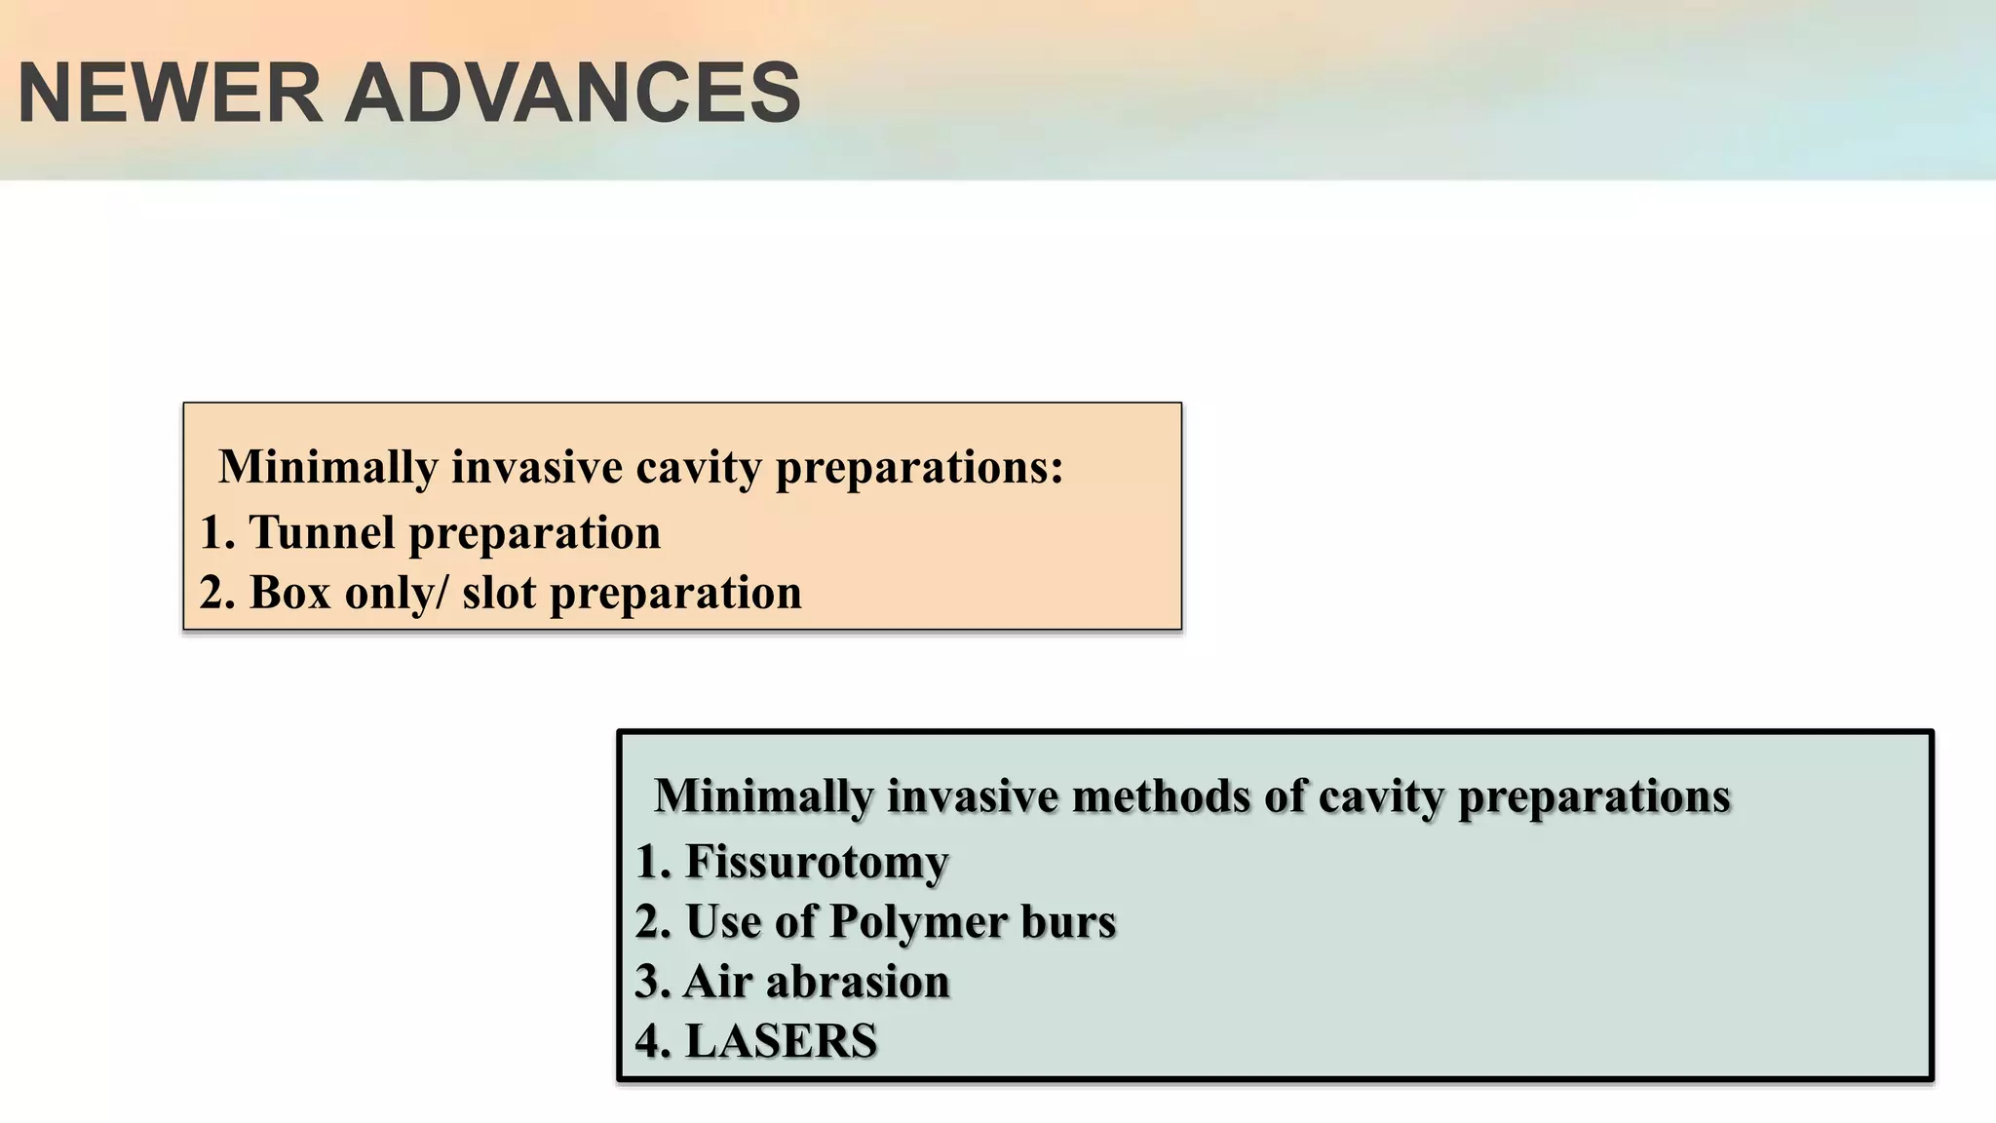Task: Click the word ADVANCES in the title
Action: click(573, 94)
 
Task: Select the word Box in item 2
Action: click(289, 593)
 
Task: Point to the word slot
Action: click(499, 593)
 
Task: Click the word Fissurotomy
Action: click(817, 862)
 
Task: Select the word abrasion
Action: click(858, 982)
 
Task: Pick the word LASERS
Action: click(781, 1041)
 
